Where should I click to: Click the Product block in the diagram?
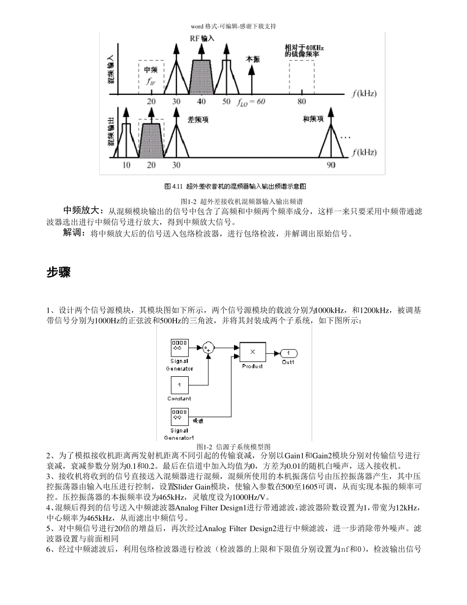click(x=253, y=352)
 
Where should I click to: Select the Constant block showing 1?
click(x=179, y=385)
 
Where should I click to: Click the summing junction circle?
click(x=208, y=348)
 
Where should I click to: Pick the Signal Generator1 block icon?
click(x=179, y=417)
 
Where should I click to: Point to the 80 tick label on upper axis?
click(x=301, y=102)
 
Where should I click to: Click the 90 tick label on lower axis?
click(x=331, y=165)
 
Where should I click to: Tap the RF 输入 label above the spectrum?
click(x=202, y=38)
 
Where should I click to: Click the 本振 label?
click(x=253, y=60)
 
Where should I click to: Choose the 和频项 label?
click(x=313, y=120)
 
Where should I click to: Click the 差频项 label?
click(x=198, y=120)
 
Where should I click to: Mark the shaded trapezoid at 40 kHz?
click(x=202, y=77)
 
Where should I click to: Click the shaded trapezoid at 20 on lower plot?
click(x=151, y=140)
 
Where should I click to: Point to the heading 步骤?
click(x=58, y=272)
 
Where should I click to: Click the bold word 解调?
click(x=74, y=233)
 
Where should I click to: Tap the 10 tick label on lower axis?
click(x=126, y=165)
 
